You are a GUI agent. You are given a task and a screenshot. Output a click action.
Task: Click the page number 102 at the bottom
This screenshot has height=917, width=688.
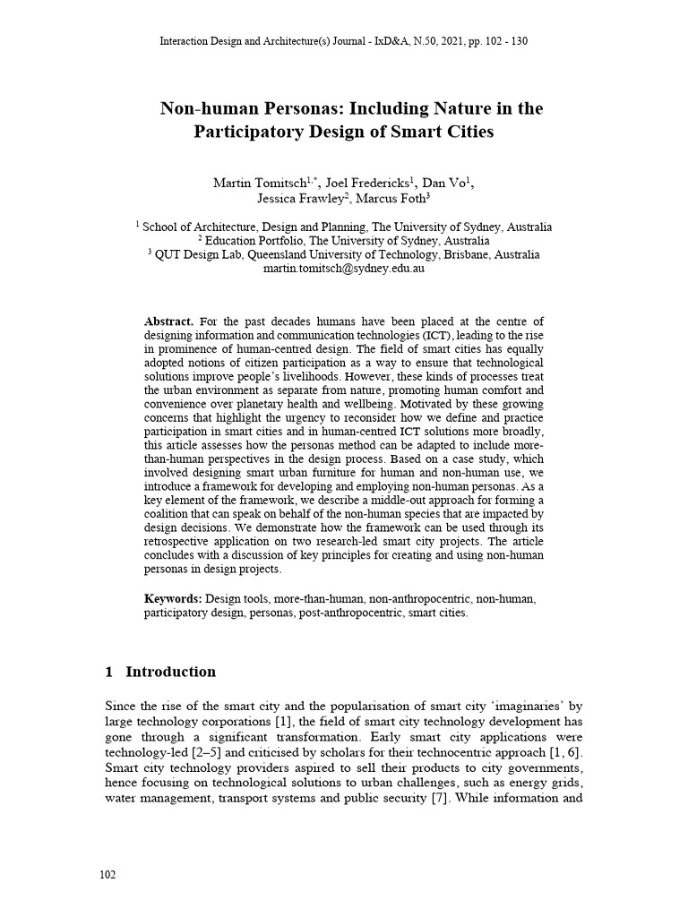pos(107,875)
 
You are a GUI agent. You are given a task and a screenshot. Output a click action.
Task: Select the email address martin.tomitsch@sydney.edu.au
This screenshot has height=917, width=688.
pos(344,268)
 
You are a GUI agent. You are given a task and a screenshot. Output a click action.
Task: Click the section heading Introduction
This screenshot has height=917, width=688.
pos(170,672)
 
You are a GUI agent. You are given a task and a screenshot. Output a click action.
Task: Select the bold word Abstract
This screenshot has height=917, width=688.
pos(168,321)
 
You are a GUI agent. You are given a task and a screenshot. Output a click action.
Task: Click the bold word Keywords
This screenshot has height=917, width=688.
pos(173,597)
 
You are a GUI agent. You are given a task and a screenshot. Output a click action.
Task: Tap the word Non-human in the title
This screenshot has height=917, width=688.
pos(205,109)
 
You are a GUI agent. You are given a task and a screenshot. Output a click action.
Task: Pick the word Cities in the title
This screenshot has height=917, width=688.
pos(465,132)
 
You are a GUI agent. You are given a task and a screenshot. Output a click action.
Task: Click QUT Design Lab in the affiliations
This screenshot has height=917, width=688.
pos(193,254)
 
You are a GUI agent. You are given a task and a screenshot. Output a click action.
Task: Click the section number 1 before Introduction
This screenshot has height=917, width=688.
pos(108,672)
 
